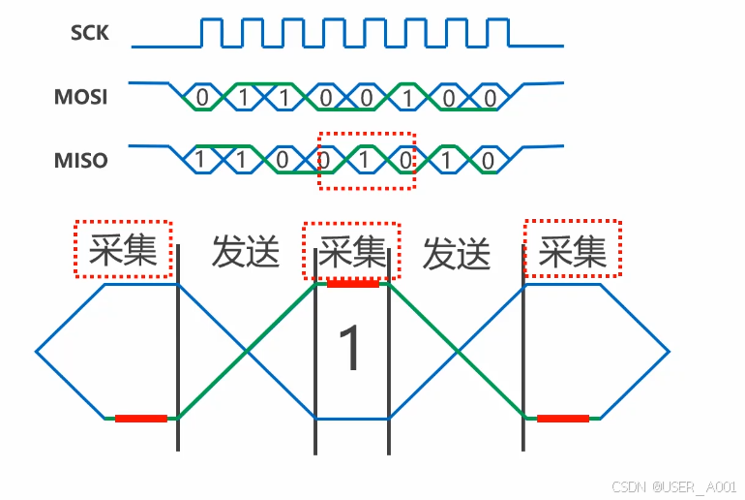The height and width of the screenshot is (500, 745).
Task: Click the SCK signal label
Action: pyautogui.click(x=89, y=34)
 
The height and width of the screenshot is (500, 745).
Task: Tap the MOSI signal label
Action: pyautogui.click(x=80, y=97)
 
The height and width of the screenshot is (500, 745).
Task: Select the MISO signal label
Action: pyautogui.click(x=80, y=160)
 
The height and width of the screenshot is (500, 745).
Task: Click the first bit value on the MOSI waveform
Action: pyautogui.click(x=201, y=97)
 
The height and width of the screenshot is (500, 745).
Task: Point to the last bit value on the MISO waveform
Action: pyautogui.click(x=490, y=160)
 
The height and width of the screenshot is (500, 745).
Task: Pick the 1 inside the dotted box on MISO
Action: pyautogui.click(x=366, y=160)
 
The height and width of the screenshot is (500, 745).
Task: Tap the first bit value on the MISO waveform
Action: pyautogui.click(x=199, y=160)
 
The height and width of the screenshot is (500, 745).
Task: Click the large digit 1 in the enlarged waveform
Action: pyautogui.click(x=350, y=349)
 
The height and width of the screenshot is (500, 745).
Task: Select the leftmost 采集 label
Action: pyautogui.click(x=123, y=251)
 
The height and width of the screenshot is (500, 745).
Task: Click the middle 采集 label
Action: pyautogui.click(x=351, y=252)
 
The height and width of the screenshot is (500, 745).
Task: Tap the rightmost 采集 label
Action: pyautogui.click(x=573, y=251)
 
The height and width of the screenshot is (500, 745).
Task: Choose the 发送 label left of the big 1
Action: pyautogui.click(x=246, y=252)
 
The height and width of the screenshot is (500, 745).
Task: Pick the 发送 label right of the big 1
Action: pyautogui.click(x=457, y=254)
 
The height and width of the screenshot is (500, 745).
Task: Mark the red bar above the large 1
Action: pyautogui.click(x=352, y=284)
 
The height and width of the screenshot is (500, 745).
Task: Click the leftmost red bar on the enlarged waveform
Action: pyautogui.click(x=141, y=419)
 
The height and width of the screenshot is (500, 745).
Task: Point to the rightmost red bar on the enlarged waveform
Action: pyautogui.click(x=563, y=419)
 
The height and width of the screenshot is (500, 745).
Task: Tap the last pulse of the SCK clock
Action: pyautogui.click(x=499, y=32)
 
